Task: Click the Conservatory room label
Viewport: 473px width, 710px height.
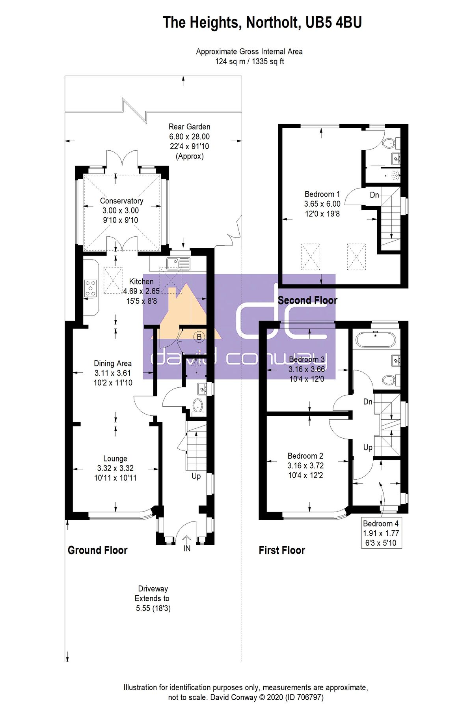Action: pyautogui.click(x=121, y=201)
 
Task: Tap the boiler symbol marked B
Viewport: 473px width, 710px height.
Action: pyautogui.click(x=199, y=337)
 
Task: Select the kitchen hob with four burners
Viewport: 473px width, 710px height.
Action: pyautogui.click(x=90, y=288)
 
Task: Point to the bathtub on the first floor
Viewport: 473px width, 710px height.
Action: pyautogui.click(x=375, y=340)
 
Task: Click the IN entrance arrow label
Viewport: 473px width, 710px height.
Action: pyautogui.click(x=187, y=548)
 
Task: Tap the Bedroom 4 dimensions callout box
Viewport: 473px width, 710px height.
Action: pyautogui.click(x=381, y=533)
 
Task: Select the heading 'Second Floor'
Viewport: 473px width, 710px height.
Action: pyautogui.click(x=307, y=301)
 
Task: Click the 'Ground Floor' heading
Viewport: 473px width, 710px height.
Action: pyautogui.click(x=98, y=550)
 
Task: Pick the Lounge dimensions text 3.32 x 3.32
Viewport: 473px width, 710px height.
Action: pyautogui.click(x=115, y=468)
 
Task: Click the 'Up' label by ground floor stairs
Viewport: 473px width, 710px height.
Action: pyautogui.click(x=196, y=476)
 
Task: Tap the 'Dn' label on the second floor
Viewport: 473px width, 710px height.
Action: pyautogui.click(x=374, y=195)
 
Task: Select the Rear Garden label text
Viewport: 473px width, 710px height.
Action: pyautogui.click(x=189, y=127)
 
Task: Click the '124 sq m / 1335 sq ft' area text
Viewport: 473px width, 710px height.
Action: pyautogui.click(x=249, y=62)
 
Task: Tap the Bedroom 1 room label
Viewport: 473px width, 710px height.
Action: pyautogui.click(x=322, y=194)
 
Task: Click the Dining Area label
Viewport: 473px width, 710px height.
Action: pyautogui.click(x=113, y=363)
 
